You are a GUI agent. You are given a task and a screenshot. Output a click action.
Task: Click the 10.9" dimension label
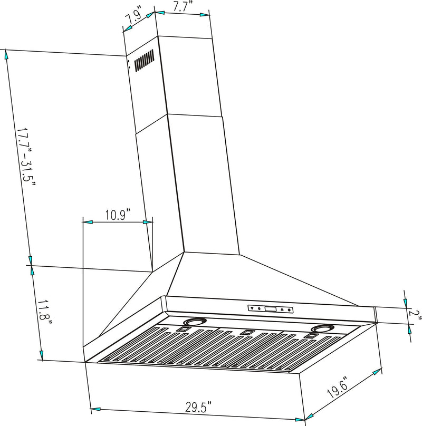click(x=118, y=215)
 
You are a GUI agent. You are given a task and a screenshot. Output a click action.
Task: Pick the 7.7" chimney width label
click(x=182, y=7)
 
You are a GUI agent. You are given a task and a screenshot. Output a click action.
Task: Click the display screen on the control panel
click(x=271, y=309)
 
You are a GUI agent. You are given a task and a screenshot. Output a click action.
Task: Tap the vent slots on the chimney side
click(x=143, y=61)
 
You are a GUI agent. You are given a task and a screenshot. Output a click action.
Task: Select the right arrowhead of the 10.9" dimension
click(x=149, y=223)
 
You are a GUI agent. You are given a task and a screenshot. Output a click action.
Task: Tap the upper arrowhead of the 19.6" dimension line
click(x=376, y=373)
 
